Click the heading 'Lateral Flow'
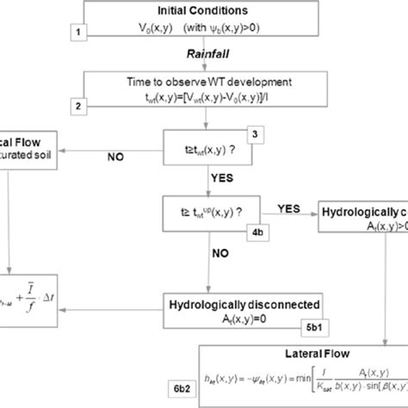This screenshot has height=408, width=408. point(302,352)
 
